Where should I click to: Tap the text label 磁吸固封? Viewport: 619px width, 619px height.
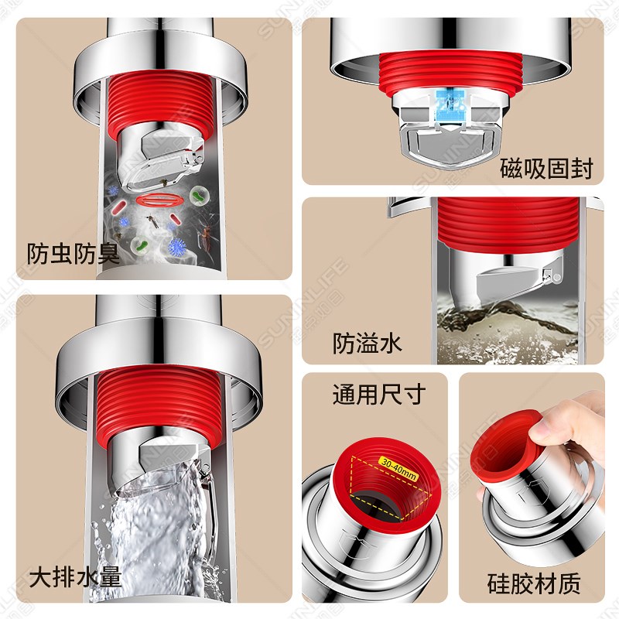546,168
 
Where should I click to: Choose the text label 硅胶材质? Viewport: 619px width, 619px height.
534,583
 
